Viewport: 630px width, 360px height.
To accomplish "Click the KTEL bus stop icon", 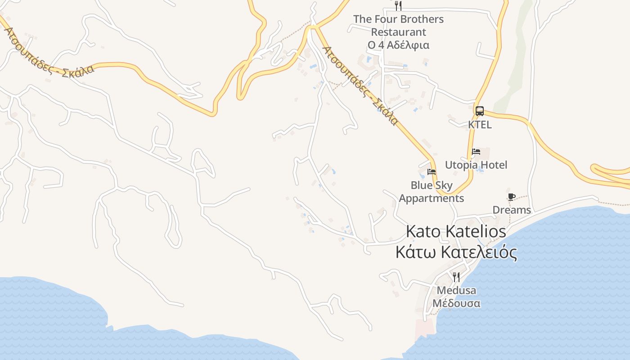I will (480, 111).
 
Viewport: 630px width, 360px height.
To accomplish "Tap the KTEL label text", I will (480, 124).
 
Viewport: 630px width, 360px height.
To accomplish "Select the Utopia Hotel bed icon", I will (476, 152).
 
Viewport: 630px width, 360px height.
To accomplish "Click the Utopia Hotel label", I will (476, 165).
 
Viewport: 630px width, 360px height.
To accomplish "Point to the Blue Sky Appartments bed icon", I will (432, 172).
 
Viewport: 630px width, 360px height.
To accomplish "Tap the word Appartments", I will (431, 198).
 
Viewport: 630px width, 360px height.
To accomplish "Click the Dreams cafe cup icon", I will (511, 197).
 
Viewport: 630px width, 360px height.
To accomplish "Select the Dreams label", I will (512, 210).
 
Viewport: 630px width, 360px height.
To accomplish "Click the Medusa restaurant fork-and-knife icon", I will (456, 277).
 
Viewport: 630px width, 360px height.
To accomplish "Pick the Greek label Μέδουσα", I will (456, 303).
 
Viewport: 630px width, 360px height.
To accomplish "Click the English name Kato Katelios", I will (456, 232).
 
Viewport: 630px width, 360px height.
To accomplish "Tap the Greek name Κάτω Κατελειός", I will (456, 252).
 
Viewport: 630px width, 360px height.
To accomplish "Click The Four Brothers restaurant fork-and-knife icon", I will (398, 6).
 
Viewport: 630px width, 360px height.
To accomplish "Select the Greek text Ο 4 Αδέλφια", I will (398, 45).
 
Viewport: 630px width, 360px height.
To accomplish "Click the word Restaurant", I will (398, 32).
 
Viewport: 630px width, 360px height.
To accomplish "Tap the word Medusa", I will (456, 290).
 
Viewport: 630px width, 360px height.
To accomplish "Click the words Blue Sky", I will (432, 185).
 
